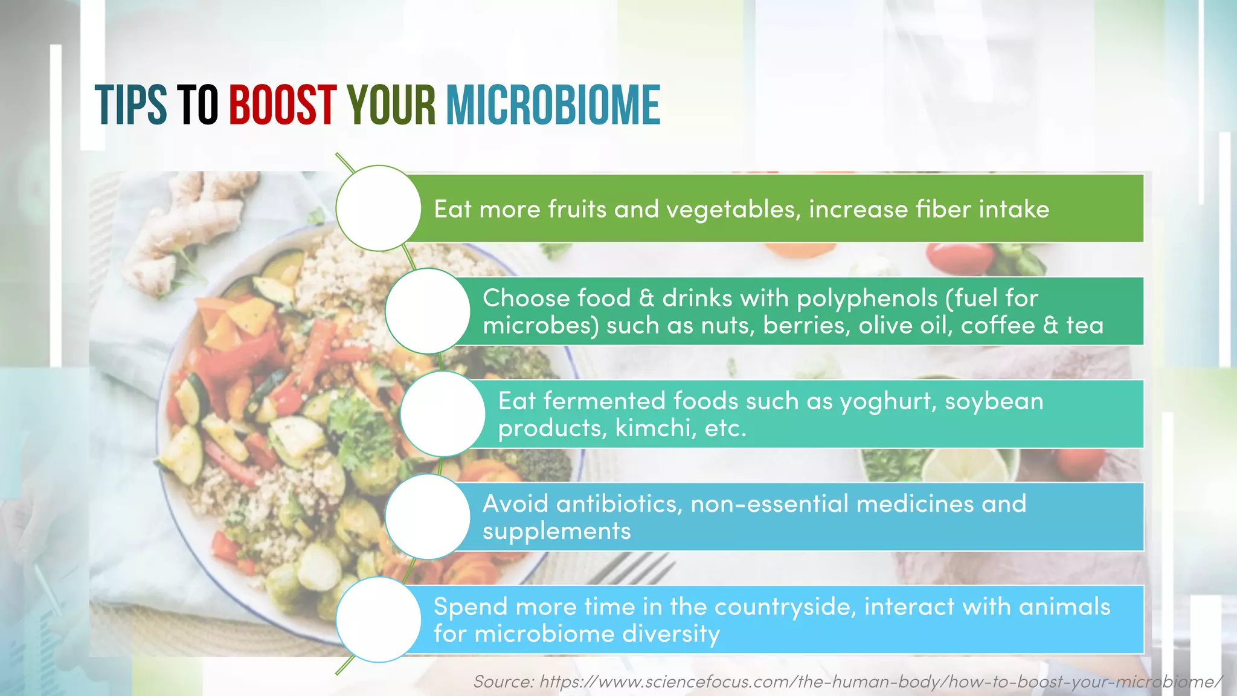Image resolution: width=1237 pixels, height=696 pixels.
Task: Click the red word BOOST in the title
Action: (282, 105)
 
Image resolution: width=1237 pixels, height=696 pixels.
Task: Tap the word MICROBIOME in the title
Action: (553, 105)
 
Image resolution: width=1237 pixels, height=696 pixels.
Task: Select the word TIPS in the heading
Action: (130, 105)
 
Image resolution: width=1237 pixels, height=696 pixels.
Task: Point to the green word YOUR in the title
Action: (391, 105)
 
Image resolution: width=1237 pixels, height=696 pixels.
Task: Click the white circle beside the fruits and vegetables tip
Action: (378, 208)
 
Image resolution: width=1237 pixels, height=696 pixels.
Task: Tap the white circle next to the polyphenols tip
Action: (428, 311)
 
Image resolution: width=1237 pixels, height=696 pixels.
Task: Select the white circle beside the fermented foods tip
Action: (443, 414)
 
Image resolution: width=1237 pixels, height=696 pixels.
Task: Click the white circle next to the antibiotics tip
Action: (428, 517)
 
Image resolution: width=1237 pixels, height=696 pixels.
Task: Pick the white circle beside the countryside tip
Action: (378, 619)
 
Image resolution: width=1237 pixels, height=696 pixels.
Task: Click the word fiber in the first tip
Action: (943, 209)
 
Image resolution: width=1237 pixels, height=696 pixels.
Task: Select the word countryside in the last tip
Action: (785, 607)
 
